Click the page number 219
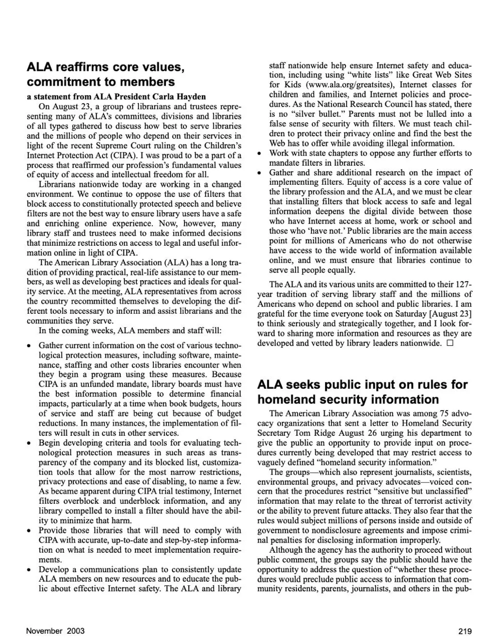[x=464, y=631]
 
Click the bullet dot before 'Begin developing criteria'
[x=30, y=443]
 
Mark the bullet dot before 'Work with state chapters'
[x=260, y=154]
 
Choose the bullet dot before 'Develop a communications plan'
[x=30, y=570]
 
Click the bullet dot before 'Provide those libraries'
[x=30, y=530]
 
